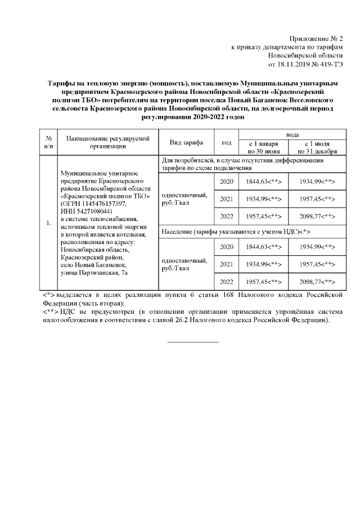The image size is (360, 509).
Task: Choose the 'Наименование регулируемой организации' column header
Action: [109, 142]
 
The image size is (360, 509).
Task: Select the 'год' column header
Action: [227, 142]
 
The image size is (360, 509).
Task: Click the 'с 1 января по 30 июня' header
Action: [263, 147]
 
